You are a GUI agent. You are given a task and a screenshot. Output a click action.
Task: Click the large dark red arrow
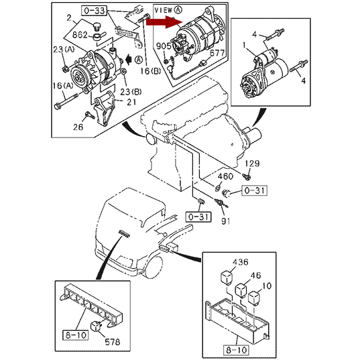point(164,22)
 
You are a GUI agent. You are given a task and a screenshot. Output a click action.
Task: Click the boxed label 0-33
point(95,11)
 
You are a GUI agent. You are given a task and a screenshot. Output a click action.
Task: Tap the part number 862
point(80,35)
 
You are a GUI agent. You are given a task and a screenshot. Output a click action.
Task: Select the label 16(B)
point(151,71)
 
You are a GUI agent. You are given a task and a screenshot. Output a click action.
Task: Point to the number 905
point(164,46)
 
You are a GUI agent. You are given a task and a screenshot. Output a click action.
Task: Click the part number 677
point(217,54)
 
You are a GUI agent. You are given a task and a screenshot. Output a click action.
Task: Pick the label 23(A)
point(64,50)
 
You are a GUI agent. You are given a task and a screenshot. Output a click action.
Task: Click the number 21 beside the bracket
point(131,102)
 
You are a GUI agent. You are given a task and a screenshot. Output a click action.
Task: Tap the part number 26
point(78,127)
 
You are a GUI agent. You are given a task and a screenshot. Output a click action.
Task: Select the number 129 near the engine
point(252,164)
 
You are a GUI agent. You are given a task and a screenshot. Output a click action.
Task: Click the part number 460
point(225,176)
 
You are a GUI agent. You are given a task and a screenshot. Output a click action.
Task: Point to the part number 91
point(225,221)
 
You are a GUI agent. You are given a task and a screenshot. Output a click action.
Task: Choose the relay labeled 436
point(227,278)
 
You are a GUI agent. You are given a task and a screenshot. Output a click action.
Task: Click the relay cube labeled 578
point(96,326)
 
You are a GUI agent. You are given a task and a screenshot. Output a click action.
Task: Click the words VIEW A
point(168,10)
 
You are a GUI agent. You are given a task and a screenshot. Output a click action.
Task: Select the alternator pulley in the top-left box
point(79,77)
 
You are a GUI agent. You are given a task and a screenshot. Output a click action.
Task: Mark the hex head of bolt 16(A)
point(58,106)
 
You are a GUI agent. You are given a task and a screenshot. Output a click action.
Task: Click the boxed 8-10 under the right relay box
point(237,350)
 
